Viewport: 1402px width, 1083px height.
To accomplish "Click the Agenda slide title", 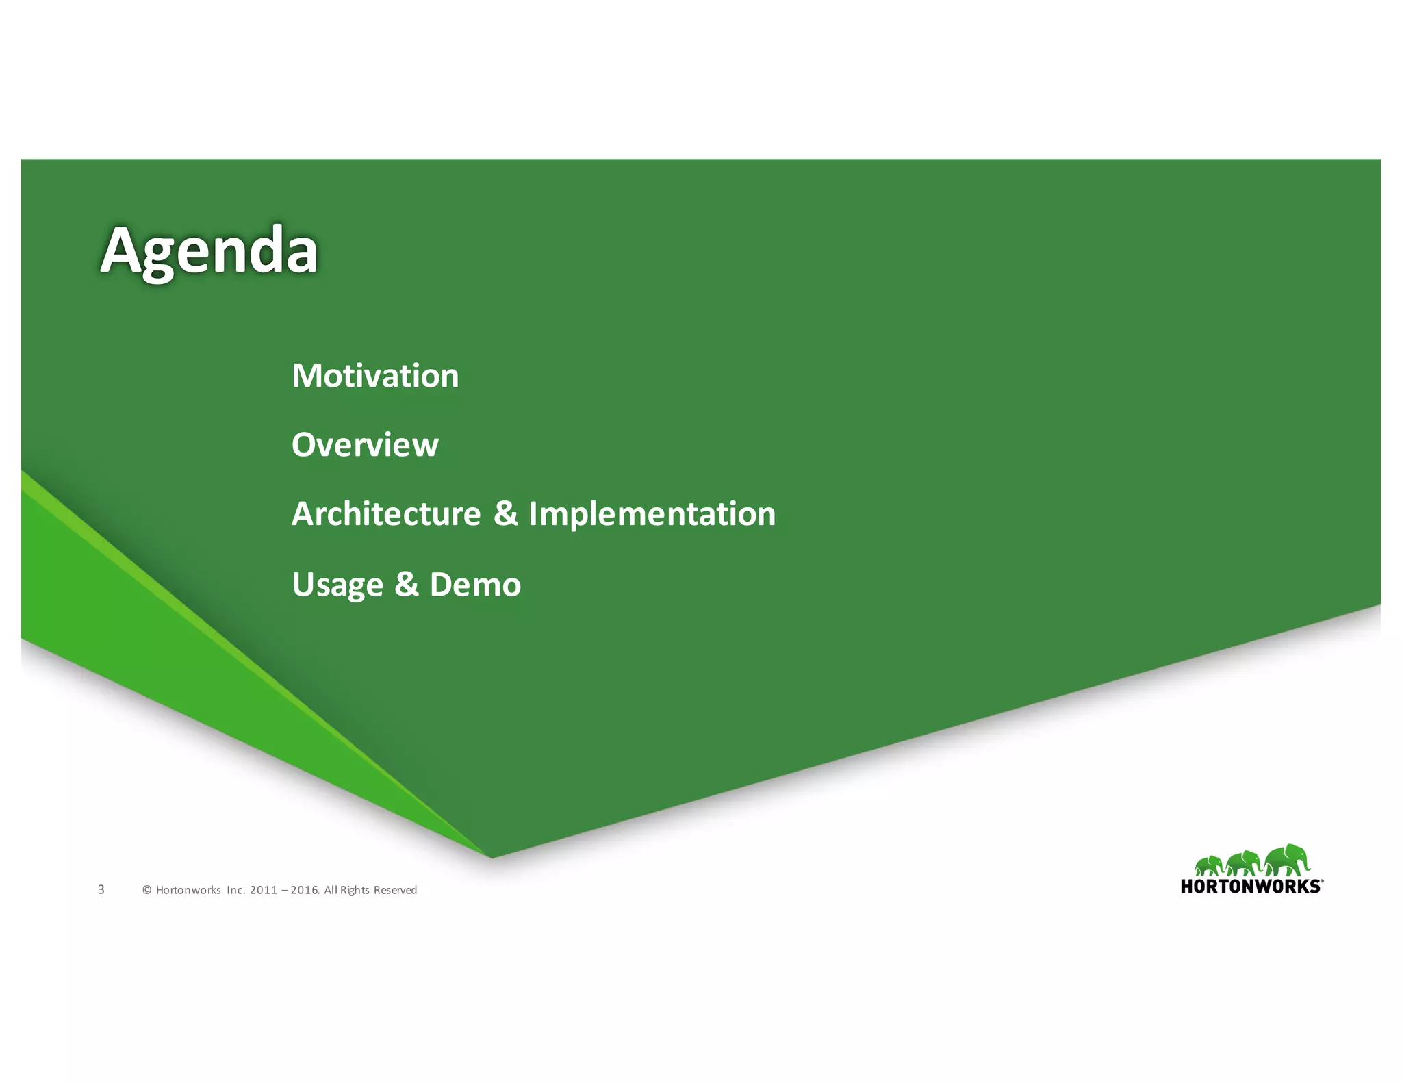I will tap(209, 251).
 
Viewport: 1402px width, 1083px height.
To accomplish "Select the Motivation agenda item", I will tap(375, 376).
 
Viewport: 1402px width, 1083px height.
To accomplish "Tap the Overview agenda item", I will tap(365, 445).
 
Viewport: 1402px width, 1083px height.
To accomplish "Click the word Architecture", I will tap(386, 514).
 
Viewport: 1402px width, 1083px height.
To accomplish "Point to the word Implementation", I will tap(652, 514).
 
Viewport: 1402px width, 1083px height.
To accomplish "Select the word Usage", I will tap(337, 585).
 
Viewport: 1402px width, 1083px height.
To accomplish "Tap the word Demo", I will tap(475, 585).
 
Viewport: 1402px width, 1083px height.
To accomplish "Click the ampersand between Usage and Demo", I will tap(406, 585).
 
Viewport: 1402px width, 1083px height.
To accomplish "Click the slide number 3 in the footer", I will tap(101, 889).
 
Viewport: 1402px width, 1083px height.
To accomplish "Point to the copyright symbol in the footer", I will tap(146, 890).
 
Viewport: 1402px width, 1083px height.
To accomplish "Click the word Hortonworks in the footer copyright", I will tap(188, 890).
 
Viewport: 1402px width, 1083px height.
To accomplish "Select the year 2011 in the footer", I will tap(264, 890).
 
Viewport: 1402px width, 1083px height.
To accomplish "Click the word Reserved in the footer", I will tap(395, 890).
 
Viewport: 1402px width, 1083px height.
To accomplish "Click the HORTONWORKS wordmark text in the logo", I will tap(1251, 887).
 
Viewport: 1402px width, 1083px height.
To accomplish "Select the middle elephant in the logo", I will tap(1243, 863).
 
